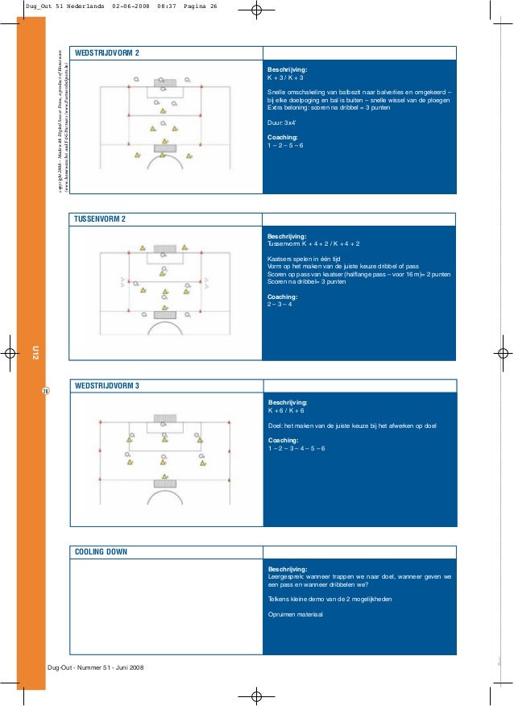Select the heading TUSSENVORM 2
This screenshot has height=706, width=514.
pos(100,218)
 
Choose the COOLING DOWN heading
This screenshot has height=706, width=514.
pos(100,552)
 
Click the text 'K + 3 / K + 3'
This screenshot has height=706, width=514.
pos(285,78)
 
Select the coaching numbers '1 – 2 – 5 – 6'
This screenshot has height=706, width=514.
pos(285,146)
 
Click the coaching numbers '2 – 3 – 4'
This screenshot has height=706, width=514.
pos(280,305)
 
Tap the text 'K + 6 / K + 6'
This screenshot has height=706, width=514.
pos(285,410)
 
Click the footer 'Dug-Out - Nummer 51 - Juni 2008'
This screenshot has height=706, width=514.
pos(96,668)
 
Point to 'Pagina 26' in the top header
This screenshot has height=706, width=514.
pos(201,7)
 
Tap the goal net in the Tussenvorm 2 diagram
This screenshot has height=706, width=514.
pos(164,250)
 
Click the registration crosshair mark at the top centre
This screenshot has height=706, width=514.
pos(257,11)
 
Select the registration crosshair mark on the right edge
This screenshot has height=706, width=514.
pos(502,353)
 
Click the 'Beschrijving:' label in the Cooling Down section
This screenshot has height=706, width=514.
pos(287,569)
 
